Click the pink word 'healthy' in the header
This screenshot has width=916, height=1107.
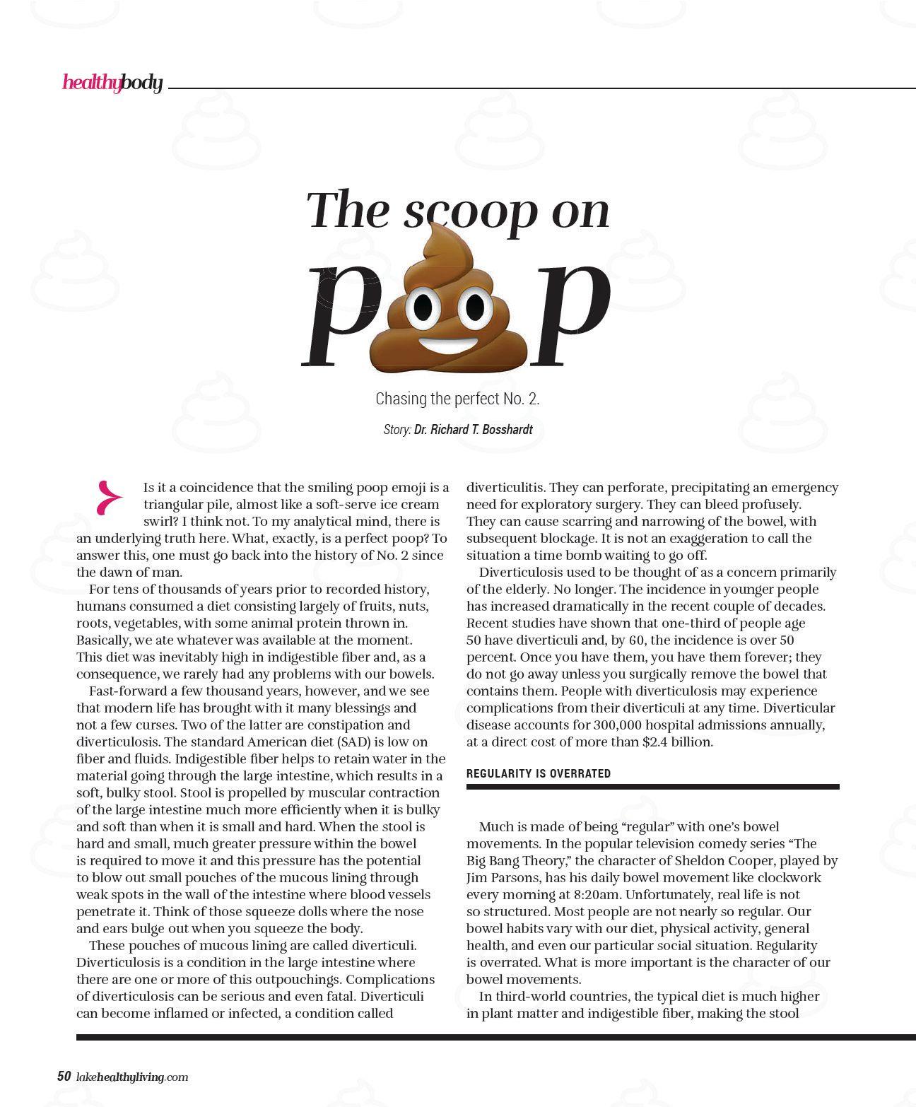click(90, 83)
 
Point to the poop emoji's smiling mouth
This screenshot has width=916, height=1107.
click(448, 344)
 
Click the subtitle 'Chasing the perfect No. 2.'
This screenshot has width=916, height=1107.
click(457, 399)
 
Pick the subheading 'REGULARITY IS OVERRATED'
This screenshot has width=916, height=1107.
click(539, 773)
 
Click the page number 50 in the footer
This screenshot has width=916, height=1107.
click(64, 1077)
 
